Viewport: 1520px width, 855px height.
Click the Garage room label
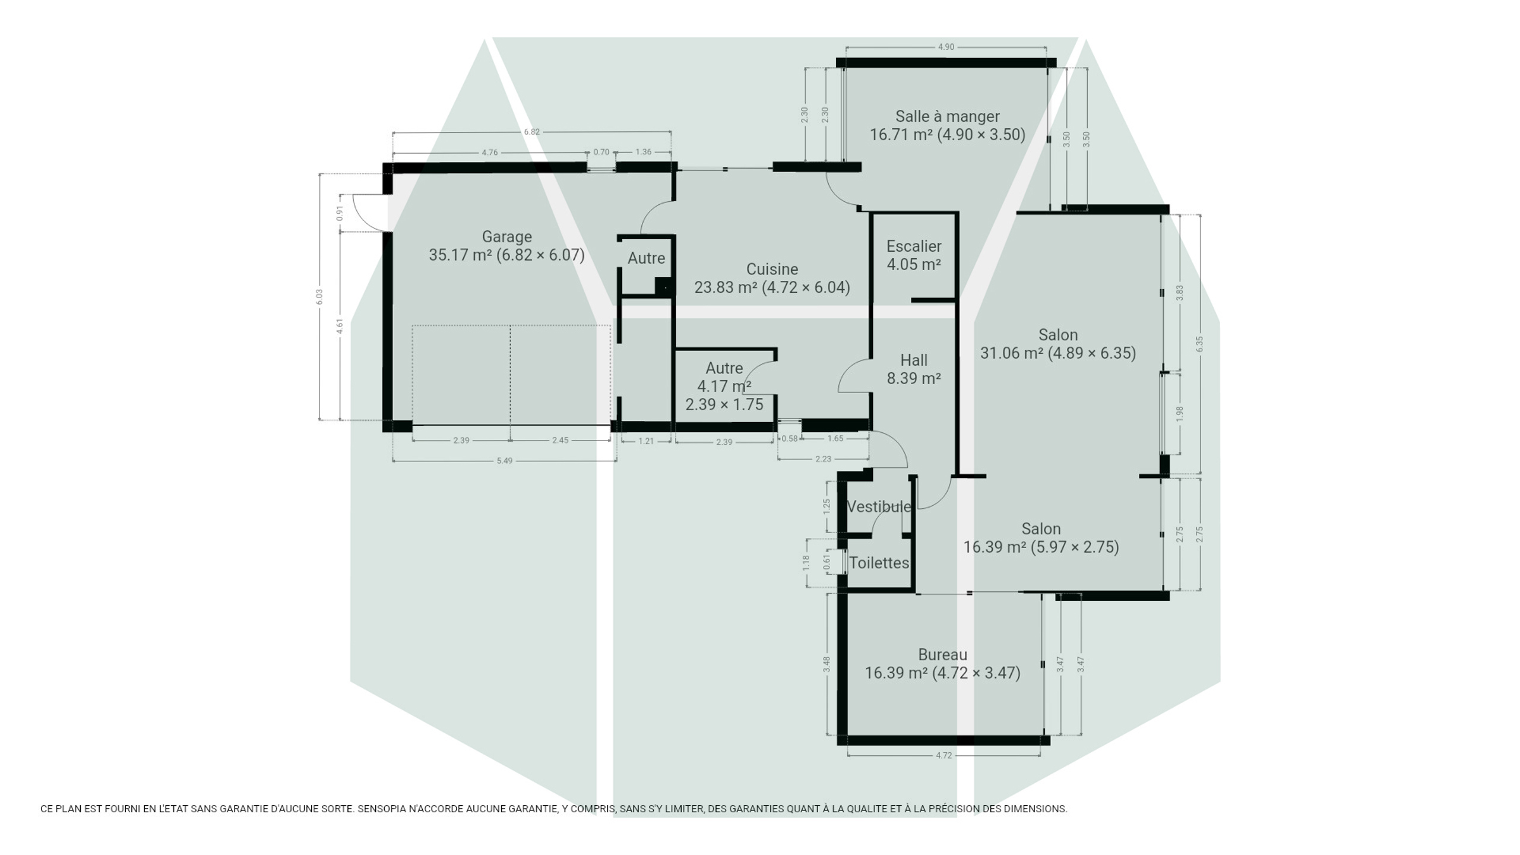pyautogui.click(x=506, y=237)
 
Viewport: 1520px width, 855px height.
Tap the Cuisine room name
pyautogui.click(x=772, y=270)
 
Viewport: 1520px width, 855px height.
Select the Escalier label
pyautogui.click(x=914, y=246)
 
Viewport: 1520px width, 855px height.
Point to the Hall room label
pyautogui.click(x=914, y=360)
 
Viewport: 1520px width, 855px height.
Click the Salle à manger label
pyautogui.click(x=948, y=117)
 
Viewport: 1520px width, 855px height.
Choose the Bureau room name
pyautogui.click(x=943, y=655)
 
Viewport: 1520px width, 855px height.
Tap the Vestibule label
pyautogui.click(x=879, y=507)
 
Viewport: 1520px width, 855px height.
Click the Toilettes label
pyautogui.click(x=879, y=563)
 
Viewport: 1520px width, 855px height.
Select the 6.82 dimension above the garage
pyautogui.click(x=532, y=132)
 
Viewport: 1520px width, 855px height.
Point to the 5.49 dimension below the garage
pyautogui.click(x=504, y=461)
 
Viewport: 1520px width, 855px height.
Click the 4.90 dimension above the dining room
pyautogui.click(x=946, y=47)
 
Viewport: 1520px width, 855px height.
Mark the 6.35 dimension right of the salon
pyautogui.click(x=1199, y=344)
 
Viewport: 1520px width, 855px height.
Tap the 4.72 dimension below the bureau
pyautogui.click(x=943, y=756)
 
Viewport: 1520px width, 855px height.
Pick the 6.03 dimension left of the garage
pyautogui.click(x=319, y=297)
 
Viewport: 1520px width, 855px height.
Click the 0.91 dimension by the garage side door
pyautogui.click(x=340, y=213)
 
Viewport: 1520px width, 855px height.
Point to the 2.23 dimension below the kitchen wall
pyautogui.click(x=823, y=459)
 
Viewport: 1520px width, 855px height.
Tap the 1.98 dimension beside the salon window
pyautogui.click(x=1180, y=414)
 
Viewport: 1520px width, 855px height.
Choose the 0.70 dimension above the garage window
pyautogui.click(x=601, y=152)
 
